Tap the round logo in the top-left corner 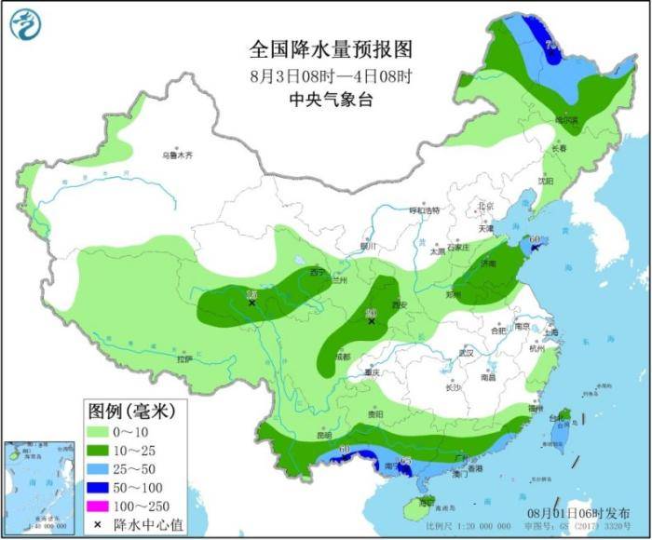[27, 25]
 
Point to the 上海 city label [550, 332]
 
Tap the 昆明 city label [323, 434]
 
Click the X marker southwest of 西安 [372, 321]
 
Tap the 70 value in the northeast [551, 45]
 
